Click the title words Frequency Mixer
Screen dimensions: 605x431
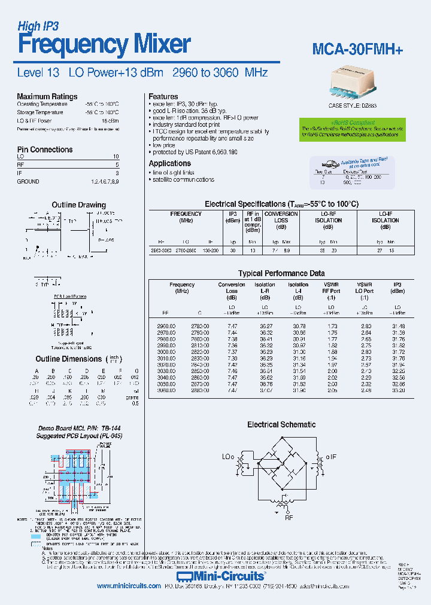[x=104, y=45]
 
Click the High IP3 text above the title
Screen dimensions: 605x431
[x=38, y=26]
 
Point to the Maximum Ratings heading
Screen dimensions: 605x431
[x=47, y=96]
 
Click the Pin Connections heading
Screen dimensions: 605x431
[x=45, y=149]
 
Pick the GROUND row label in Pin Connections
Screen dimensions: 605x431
[x=28, y=181]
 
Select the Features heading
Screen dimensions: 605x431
[x=163, y=96]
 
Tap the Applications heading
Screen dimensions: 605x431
[x=169, y=163]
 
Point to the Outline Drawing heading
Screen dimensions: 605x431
[x=78, y=205]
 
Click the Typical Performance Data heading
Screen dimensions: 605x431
[x=281, y=273]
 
